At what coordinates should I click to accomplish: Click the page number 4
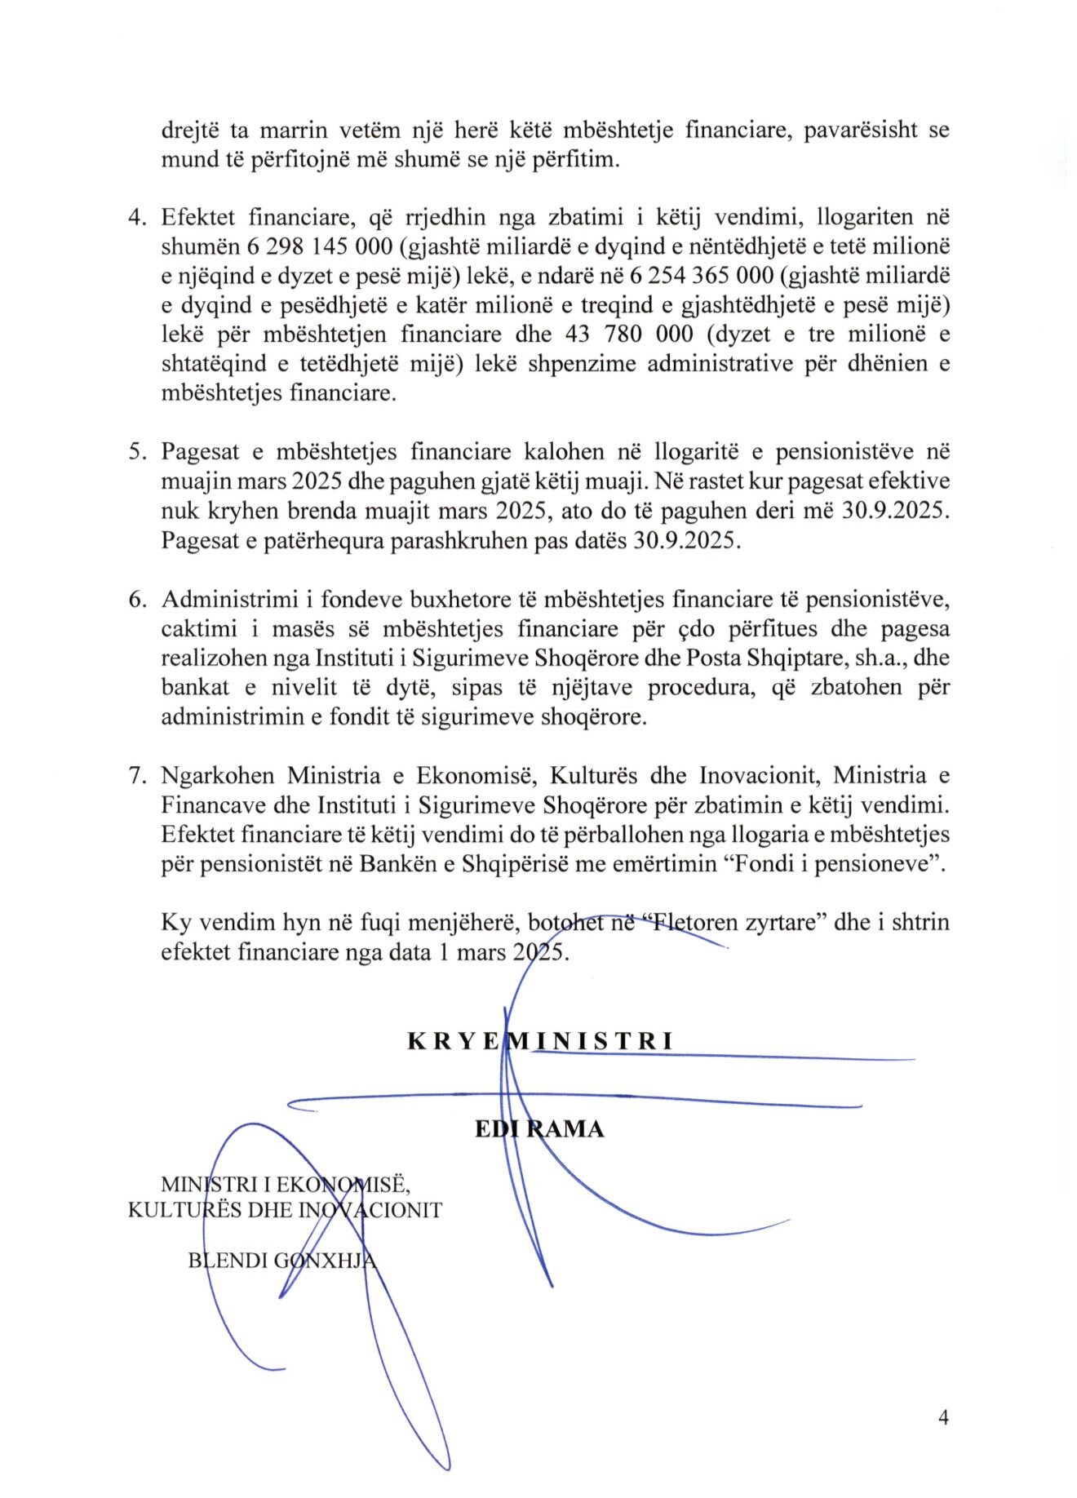click(x=943, y=1417)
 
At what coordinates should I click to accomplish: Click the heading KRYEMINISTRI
click(x=540, y=1041)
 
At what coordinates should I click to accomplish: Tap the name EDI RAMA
click(x=539, y=1129)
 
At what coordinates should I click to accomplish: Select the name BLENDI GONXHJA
click(x=282, y=1260)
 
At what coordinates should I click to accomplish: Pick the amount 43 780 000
click(x=629, y=335)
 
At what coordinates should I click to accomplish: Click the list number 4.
click(x=136, y=218)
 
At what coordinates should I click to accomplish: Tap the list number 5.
click(x=136, y=452)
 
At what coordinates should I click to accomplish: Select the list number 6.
click(x=136, y=599)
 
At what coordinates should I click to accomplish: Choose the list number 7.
click(x=136, y=775)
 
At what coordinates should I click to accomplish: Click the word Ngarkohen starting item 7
click(x=217, y=775)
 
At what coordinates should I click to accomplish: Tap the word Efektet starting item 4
click(x=199, y=218)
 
